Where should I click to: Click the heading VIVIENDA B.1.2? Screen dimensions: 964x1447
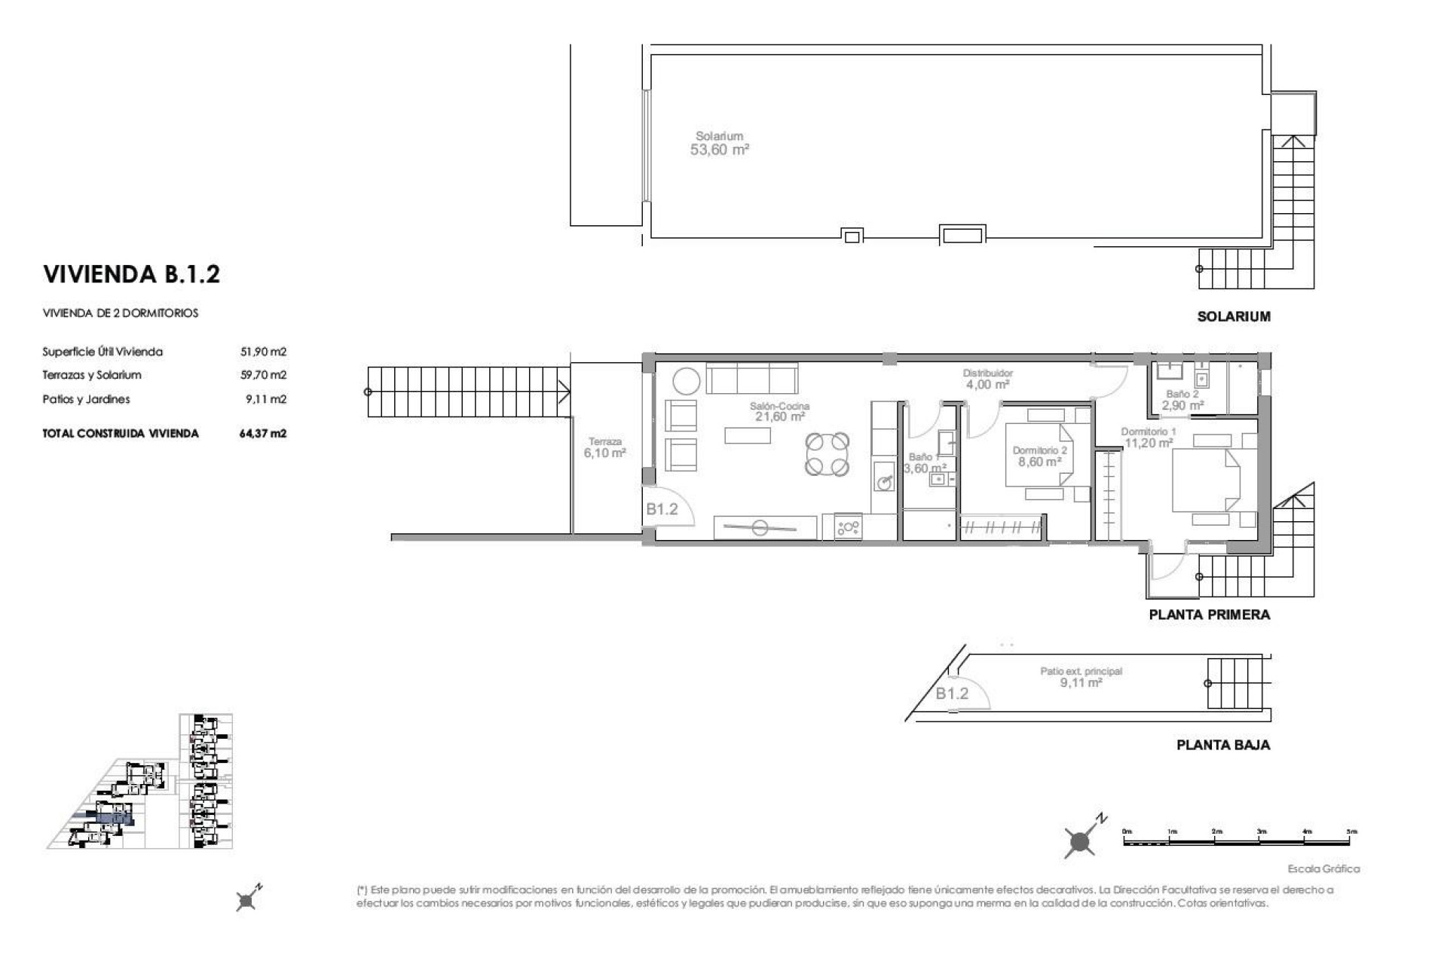click(131, 274)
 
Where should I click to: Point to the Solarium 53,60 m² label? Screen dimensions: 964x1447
click(719, 144)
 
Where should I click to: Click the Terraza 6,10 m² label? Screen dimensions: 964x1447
click(604, 448)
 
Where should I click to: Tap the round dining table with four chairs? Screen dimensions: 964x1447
click(827, 454)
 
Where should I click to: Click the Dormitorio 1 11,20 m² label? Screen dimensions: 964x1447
click(1148, 438)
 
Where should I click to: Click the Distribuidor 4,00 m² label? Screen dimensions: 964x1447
click(987, 379)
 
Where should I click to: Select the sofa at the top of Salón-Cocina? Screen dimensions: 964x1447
click(751, 378)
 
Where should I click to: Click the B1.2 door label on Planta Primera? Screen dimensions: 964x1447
click(662, 509)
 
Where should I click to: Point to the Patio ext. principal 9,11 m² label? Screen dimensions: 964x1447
click(1081, 677)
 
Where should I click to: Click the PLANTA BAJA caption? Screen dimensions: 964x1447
click(1222, 745)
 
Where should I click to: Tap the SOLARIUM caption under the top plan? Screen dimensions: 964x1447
click(1233, 317)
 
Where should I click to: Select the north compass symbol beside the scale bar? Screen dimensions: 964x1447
click(1081, 840)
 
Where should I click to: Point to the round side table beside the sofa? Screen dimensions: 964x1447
click(687, 381)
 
